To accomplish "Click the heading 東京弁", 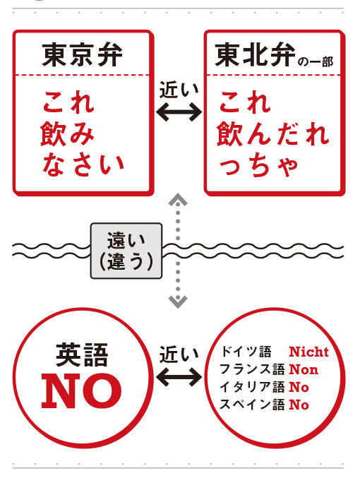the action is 82,55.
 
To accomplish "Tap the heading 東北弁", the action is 255,55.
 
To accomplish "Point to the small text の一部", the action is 316,61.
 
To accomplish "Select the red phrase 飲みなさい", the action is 83,149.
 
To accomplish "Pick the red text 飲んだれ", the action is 273,133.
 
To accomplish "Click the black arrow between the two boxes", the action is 179,112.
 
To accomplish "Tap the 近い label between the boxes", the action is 179,90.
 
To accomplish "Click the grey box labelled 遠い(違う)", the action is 126,251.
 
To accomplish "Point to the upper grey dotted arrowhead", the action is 178,200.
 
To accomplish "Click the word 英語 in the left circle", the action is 82,355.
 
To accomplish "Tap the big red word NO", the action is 82,391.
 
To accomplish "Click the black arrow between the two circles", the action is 179,377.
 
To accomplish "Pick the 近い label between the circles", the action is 179,354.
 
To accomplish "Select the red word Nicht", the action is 308,352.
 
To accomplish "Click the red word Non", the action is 304,369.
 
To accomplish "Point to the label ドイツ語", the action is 246,352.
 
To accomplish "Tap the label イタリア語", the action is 252,387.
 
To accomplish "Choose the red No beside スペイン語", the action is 299,405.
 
